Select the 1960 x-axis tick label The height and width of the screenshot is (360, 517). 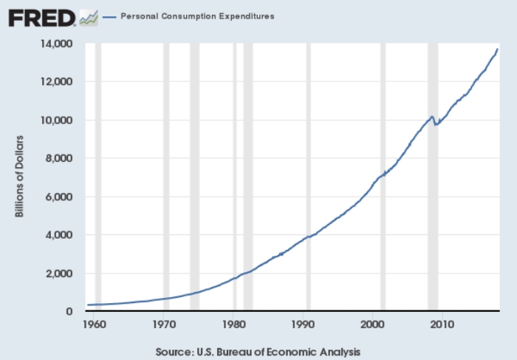click(95, 325)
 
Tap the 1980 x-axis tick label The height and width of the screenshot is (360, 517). click(233, 325)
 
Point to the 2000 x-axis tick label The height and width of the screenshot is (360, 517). click(372, 325)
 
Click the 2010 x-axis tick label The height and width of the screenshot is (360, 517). click(442, 325)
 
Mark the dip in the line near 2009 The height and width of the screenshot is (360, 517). click(436, 125)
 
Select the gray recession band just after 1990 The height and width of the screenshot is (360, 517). click(309, 177)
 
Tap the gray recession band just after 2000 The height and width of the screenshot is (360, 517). click(383, 177)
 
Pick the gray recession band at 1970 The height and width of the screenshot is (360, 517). click(166, 177)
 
